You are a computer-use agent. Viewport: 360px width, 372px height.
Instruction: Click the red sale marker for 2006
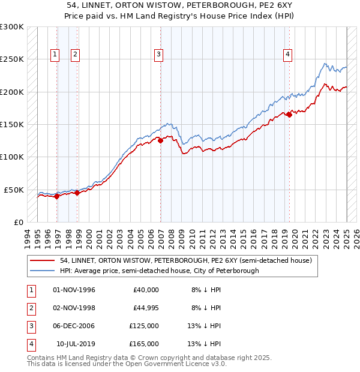[160, 141]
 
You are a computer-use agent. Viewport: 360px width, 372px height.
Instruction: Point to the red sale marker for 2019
[289, 115]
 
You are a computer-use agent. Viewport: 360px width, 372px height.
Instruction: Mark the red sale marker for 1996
[56, 196]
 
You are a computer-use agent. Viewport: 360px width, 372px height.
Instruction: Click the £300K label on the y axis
[12, 27]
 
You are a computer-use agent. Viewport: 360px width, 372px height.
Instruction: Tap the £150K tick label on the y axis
[12, 124]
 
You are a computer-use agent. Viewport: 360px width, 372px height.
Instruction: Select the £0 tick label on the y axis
[18, 222]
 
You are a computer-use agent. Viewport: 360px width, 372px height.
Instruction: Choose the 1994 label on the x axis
[28, 237]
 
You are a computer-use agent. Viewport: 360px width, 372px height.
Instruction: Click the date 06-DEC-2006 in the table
[74, 326]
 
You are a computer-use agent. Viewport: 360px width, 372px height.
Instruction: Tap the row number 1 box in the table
[31, 290]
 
